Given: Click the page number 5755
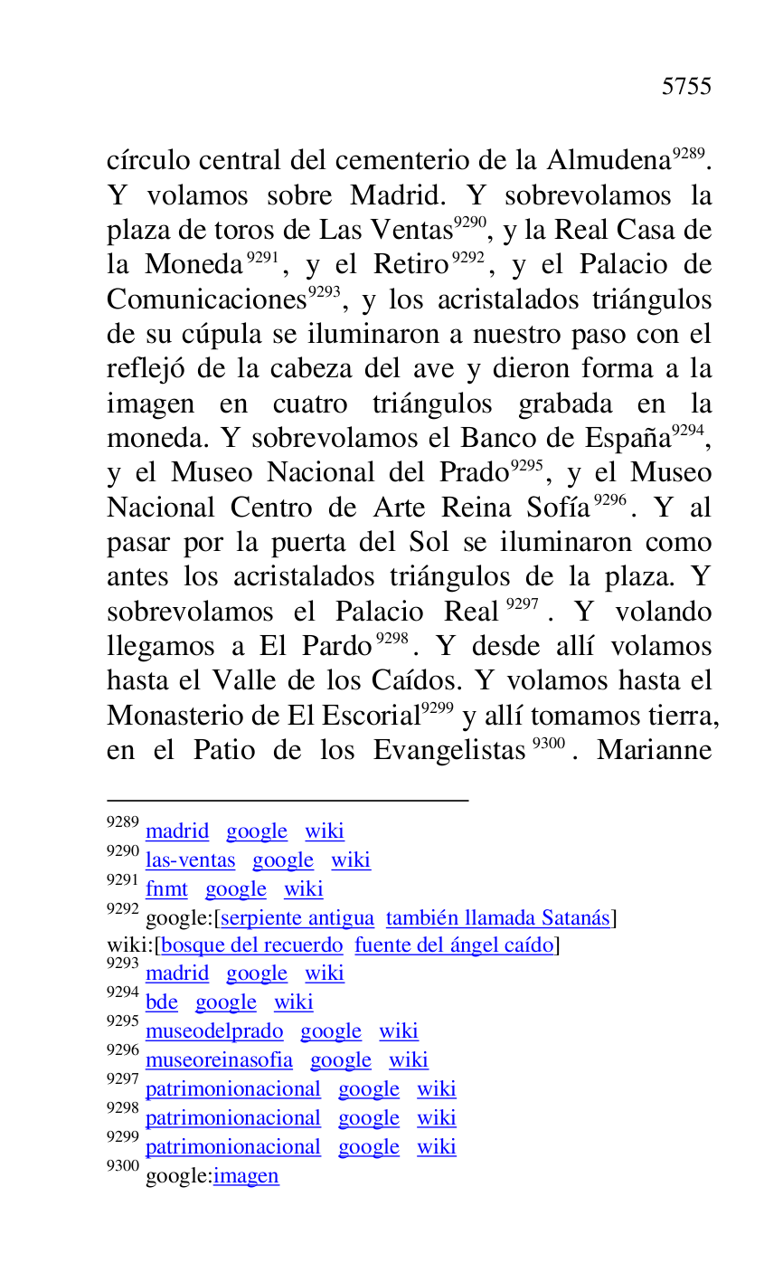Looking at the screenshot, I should (686, 87).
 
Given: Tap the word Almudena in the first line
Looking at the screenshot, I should (608, 161).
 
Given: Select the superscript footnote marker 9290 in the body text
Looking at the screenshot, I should (470, 222).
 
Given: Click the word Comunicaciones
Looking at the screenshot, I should (207, 300).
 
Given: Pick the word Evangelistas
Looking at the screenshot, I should (448, 751).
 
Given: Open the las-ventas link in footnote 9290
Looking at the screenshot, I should (190, 860).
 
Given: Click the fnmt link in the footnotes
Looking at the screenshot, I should (166, 889).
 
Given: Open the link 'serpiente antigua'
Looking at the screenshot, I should (297, 918).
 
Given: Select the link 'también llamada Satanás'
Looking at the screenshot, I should (498, 918).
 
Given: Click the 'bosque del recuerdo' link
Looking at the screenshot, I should (252, 945).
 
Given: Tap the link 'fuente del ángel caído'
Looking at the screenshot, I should (454, 945).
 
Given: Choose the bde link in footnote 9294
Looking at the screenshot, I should (162, 1002).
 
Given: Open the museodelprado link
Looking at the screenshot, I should (214, 1031).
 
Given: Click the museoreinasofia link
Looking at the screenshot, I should (219, 1060).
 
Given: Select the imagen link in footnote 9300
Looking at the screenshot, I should (246, 1176).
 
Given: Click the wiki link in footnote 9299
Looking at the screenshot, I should (437, 1147).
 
